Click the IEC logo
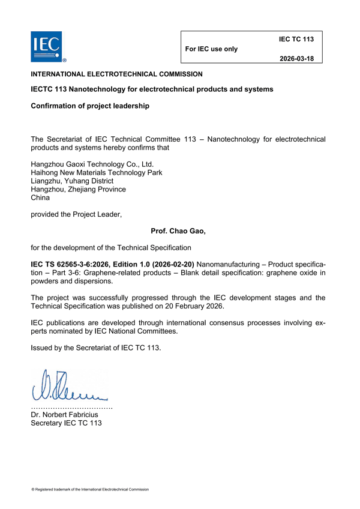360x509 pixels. coord(46,46)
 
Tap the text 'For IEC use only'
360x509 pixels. coord(212,49)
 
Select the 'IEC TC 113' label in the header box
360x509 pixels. coord(296,39)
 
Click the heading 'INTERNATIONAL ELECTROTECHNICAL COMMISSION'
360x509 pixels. coord(116,74)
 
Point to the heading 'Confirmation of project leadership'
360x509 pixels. coord(89,106)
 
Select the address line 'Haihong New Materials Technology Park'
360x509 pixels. coord(96,172)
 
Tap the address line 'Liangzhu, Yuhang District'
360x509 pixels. coord(71,181)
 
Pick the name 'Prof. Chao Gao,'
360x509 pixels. coord(178,230)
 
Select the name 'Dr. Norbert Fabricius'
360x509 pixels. coord(69,414)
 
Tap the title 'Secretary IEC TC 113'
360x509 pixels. coord(66,423)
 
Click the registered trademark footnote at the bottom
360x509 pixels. coord(90,489)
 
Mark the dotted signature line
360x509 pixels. coord(71,407)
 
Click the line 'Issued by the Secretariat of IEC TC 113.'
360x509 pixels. coord(96,348)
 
